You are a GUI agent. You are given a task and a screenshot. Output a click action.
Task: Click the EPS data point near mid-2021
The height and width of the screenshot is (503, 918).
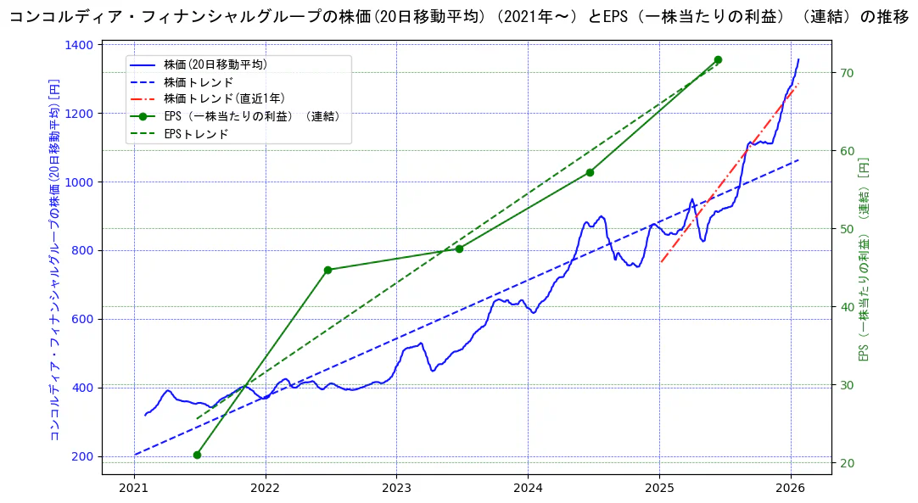[197, 455]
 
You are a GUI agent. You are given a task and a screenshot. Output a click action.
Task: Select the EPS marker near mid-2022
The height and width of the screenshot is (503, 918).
[327, 270]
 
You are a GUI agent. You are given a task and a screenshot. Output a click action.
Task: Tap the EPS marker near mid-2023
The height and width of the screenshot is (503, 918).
[459, 249]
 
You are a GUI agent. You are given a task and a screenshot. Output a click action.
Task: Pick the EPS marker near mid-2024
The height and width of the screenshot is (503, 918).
[590, 172]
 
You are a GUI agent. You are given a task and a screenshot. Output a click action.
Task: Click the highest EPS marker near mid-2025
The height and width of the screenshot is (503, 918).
[718, 59]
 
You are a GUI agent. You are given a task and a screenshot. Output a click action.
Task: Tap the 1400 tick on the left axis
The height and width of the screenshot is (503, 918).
[81, 45]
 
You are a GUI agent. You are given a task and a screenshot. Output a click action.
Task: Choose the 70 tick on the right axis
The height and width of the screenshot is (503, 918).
[846, 73]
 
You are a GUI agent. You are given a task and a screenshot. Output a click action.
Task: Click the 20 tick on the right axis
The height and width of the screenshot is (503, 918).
[846, 463]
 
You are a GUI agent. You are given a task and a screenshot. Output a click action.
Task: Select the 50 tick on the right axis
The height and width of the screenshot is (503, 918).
[846, 229]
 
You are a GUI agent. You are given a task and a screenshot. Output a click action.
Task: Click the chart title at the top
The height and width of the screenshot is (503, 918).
[458, 18]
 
